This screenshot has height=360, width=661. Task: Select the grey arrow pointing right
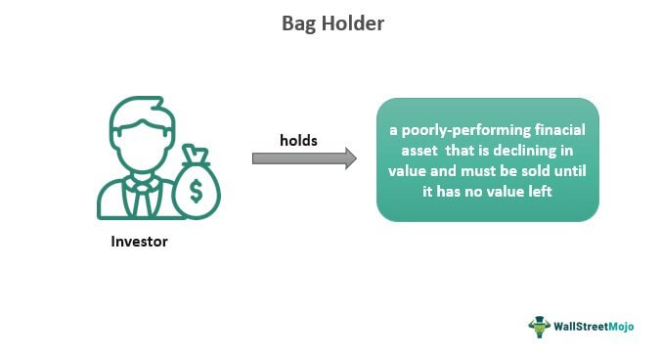[304, 158]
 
